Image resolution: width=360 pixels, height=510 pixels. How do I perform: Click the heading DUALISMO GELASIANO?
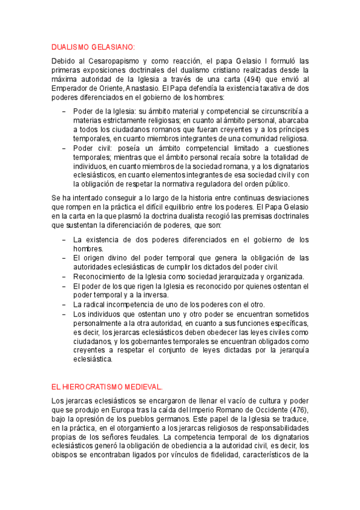[x=93, y=47]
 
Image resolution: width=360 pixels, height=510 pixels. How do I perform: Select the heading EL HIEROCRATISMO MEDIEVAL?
[x=107, y=386]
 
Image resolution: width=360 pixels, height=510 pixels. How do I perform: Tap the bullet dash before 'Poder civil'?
[x=64, y=147]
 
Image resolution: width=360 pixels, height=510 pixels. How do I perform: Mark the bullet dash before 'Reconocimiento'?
[x=64, y=277]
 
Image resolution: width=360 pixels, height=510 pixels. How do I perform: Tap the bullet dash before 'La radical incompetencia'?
[x=64, y=304]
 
